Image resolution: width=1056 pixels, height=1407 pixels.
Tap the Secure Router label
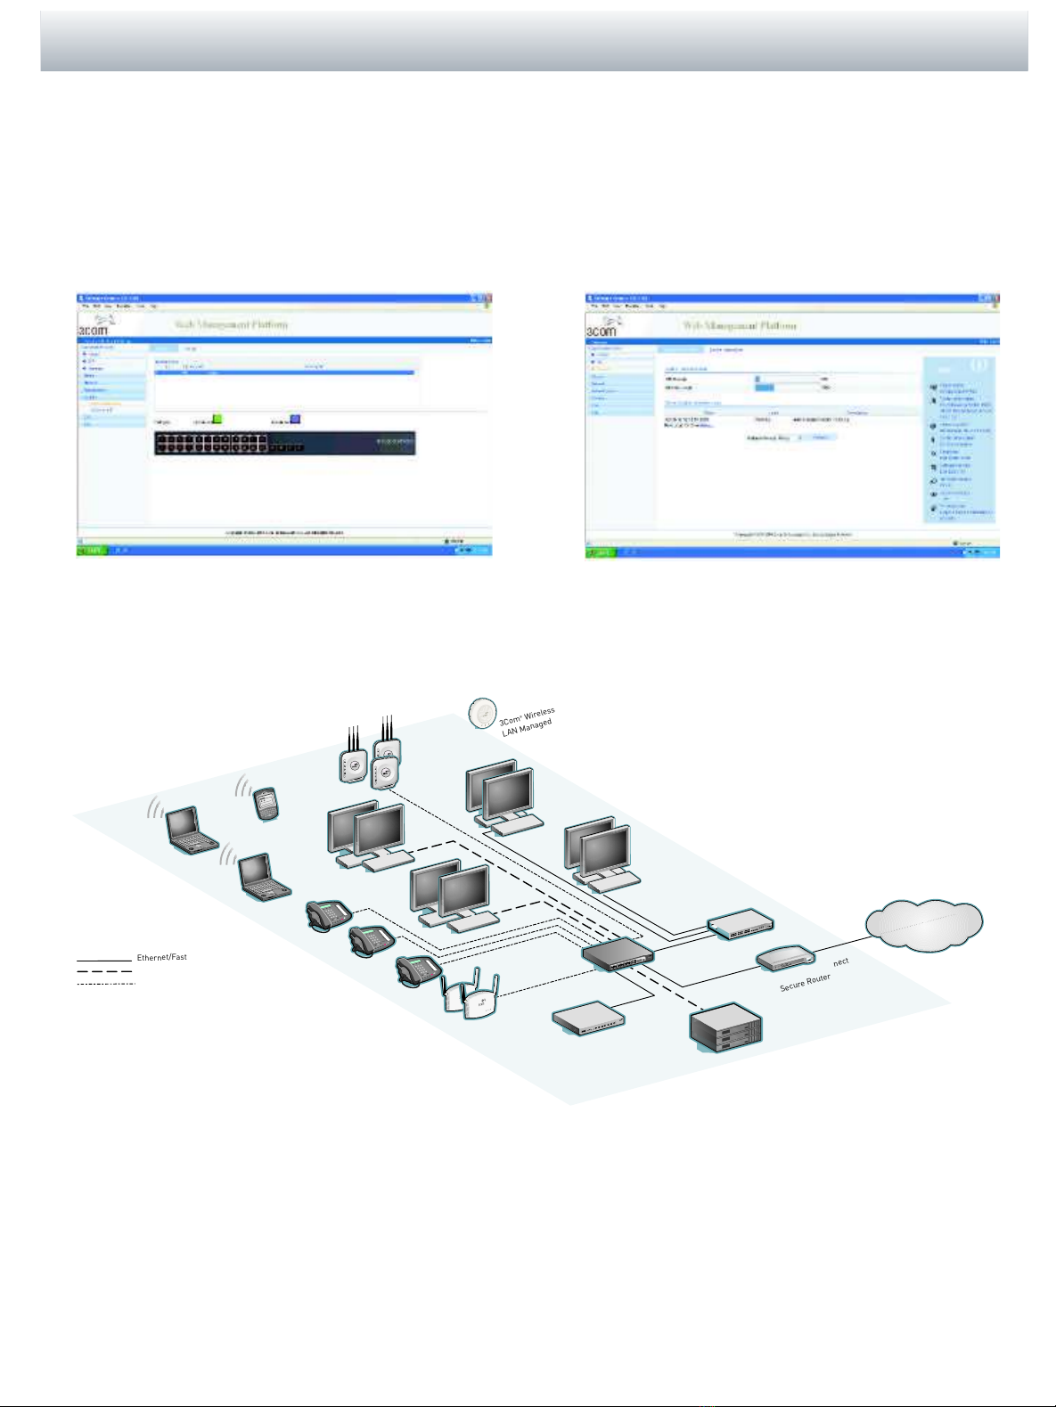(x=805, y=982)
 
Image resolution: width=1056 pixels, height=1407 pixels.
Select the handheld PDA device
(x=265, y=804)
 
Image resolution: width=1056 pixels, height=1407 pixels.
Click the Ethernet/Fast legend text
(x=162, y=957)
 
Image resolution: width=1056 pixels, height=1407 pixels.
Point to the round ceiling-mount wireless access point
(x=482, y=712)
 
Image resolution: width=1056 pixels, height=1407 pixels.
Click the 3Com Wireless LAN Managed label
(x=528, y=722)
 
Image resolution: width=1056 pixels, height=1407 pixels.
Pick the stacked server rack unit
(x=726, y=1027)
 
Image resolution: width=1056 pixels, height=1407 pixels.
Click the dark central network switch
(x=618, y=954)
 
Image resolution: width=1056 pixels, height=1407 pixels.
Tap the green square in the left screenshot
(x=217, y=419)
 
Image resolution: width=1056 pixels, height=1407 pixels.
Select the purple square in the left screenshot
(x=296, y=419)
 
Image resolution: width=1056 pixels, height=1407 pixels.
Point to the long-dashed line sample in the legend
(x=104, y=971)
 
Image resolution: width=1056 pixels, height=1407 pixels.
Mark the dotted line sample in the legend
(x=106, y=983)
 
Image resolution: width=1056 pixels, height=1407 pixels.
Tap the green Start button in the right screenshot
(x=600, y=552)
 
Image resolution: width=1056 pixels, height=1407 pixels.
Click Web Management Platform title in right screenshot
(x=740, y=325)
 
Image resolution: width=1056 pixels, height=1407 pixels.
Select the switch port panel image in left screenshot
(x=284, y=443)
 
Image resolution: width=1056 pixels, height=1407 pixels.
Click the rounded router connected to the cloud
(x=786, y=958)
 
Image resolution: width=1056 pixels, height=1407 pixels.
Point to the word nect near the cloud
(x=840, y=962)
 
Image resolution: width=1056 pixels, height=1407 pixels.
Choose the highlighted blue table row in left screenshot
(x=284, y=372)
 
